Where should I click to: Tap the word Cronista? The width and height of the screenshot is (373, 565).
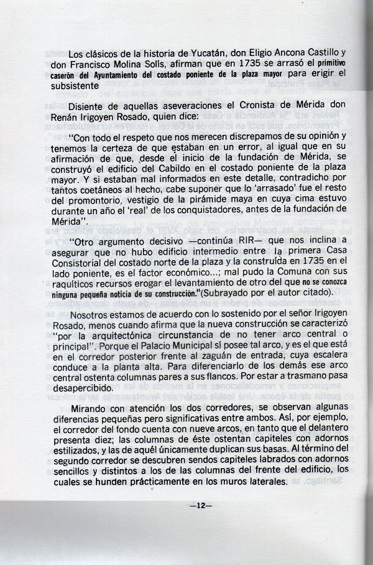[242, 106]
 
